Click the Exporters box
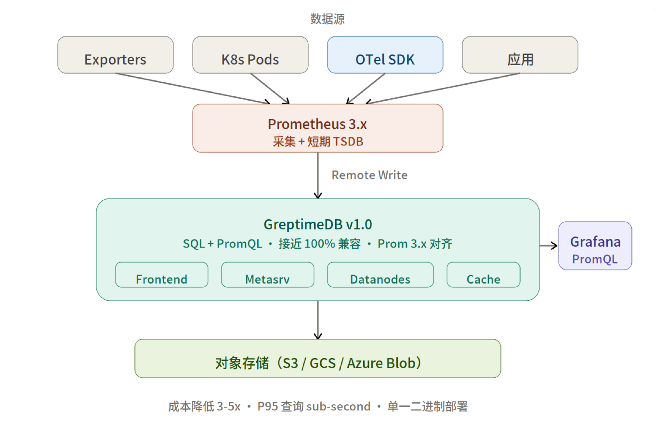[x=115, y=55]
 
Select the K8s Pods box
[x=250, y=55]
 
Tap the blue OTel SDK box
[x=385, y=55]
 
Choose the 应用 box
[x=520, y=55]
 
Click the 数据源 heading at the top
[x=327, y=19]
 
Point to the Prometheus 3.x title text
[x=317, y=124]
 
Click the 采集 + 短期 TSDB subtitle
[x=318, y=142]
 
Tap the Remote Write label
[x=369, y=175]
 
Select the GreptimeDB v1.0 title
[x=318, y=224]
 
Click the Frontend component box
[x=162, y=275]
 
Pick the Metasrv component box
[x=268, y=275]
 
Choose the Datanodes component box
[x=380, y=275]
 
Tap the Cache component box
[x=483, y=275]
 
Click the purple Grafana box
[x=595, y=246]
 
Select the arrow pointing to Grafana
[x=549, y=246]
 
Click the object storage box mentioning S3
[x=318, y=358]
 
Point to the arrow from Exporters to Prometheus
[x=193, y=88]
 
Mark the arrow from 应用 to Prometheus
[x=443, y=88]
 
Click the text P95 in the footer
[x=268, y=406]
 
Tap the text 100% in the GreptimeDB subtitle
[x=320, y=244]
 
